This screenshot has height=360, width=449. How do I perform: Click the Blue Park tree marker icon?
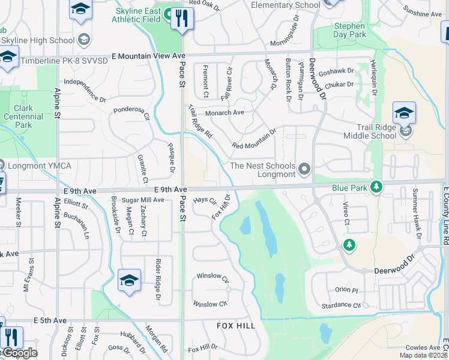click(376, 187)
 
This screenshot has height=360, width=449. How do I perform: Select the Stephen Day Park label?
click(349, 31)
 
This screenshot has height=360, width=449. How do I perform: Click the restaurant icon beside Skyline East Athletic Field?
click(182, 19)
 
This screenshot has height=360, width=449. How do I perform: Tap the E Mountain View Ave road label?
click(148, 55)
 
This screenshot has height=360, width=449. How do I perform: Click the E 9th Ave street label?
click(162, 189)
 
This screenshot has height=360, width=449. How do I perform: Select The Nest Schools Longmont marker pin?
click(304, 170)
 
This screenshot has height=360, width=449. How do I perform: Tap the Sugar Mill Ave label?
click(143, 199)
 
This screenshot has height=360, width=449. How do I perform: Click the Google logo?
click(19, 353)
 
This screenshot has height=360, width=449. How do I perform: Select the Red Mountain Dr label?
click(253, 139)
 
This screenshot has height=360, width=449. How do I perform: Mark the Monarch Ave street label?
click(224, 112)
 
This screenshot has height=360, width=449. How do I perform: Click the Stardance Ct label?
click(340, 305)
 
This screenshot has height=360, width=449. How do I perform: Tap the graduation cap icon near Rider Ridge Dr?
click(130, 281)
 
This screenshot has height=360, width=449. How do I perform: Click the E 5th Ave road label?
click(50, 320)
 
